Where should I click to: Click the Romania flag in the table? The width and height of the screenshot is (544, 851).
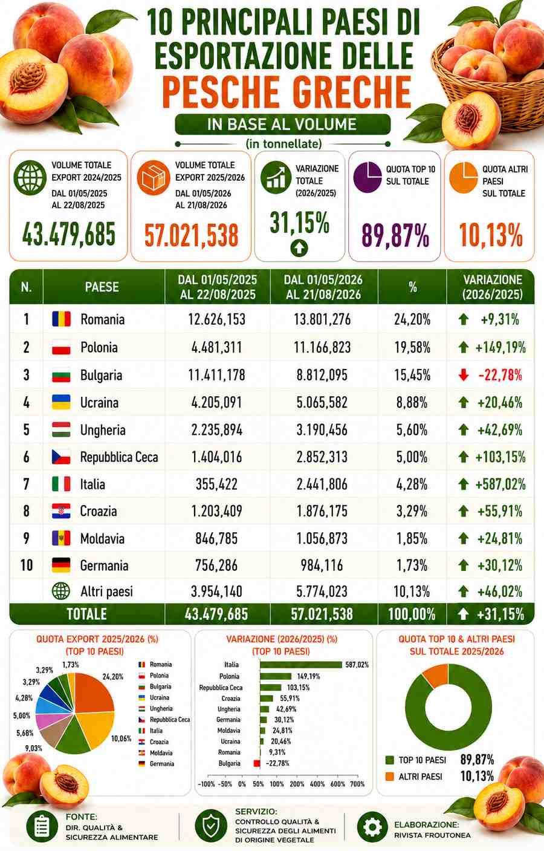coord(61,319)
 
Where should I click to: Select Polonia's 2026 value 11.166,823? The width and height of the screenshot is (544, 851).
coord(322,347)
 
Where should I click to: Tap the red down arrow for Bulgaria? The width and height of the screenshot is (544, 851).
coord(463,375)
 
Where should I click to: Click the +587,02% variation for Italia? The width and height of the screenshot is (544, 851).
coord(500,484)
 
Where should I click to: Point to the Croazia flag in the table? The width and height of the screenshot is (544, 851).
coord(61,511)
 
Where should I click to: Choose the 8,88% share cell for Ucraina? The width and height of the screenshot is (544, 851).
coord(412,402)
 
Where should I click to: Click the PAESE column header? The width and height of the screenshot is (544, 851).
coord(102,287)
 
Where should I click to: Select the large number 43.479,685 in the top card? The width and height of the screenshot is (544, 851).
coord(69,235)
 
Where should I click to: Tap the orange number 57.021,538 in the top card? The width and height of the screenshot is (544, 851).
coord(192,235)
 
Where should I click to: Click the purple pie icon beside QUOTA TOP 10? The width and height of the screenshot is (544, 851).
coord(367,177)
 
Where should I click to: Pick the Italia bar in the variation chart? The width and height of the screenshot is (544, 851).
coord(301,665)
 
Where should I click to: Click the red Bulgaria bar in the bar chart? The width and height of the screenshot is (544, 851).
coord(257,763)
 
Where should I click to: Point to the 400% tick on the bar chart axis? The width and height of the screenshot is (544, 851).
coord(317,784)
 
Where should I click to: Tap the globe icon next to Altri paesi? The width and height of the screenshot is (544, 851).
coord(61,591)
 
